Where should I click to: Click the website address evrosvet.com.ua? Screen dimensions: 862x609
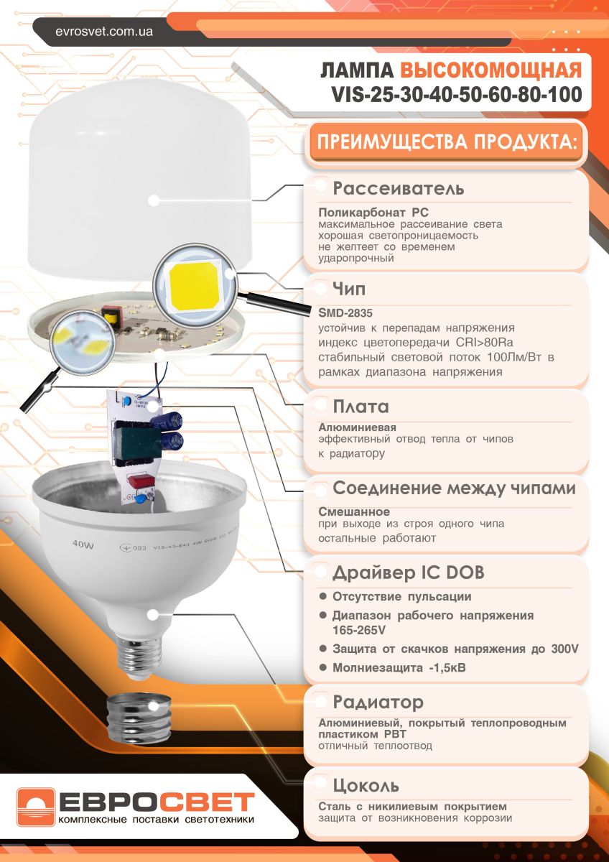pyautogui.click(x=103, y=32)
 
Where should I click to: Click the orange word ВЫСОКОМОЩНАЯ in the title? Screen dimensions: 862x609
pyautogui.click(x=491, y=70)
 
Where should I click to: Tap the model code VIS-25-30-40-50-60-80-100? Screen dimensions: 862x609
pyautogui.click(x=456, y=95)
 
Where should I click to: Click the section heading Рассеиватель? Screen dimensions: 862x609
pyautogui.click(x=399, y=189)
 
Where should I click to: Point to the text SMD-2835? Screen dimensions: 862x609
pyautogui.click(x=345, y=313)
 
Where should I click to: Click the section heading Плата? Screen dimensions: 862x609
pyautogui.click(x=361, y=407)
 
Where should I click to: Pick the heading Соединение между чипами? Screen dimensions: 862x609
pyautogui.click(x=454, y=488)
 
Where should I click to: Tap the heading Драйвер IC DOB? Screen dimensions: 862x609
pyautogui.click(x=408, y=573)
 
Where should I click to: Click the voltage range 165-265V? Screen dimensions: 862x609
pyautogui.click(x=358, y=630)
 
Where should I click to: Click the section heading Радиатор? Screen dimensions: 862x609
pyautogui.click(x=378, y=702)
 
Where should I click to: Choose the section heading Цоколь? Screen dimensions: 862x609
pyautogui.click(x=366, y=784)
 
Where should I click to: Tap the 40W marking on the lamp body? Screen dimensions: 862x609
pyautogui.click(x=83, y=545)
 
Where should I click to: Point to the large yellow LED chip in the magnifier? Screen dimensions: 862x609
pyautogui.click(x=192, y=285)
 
